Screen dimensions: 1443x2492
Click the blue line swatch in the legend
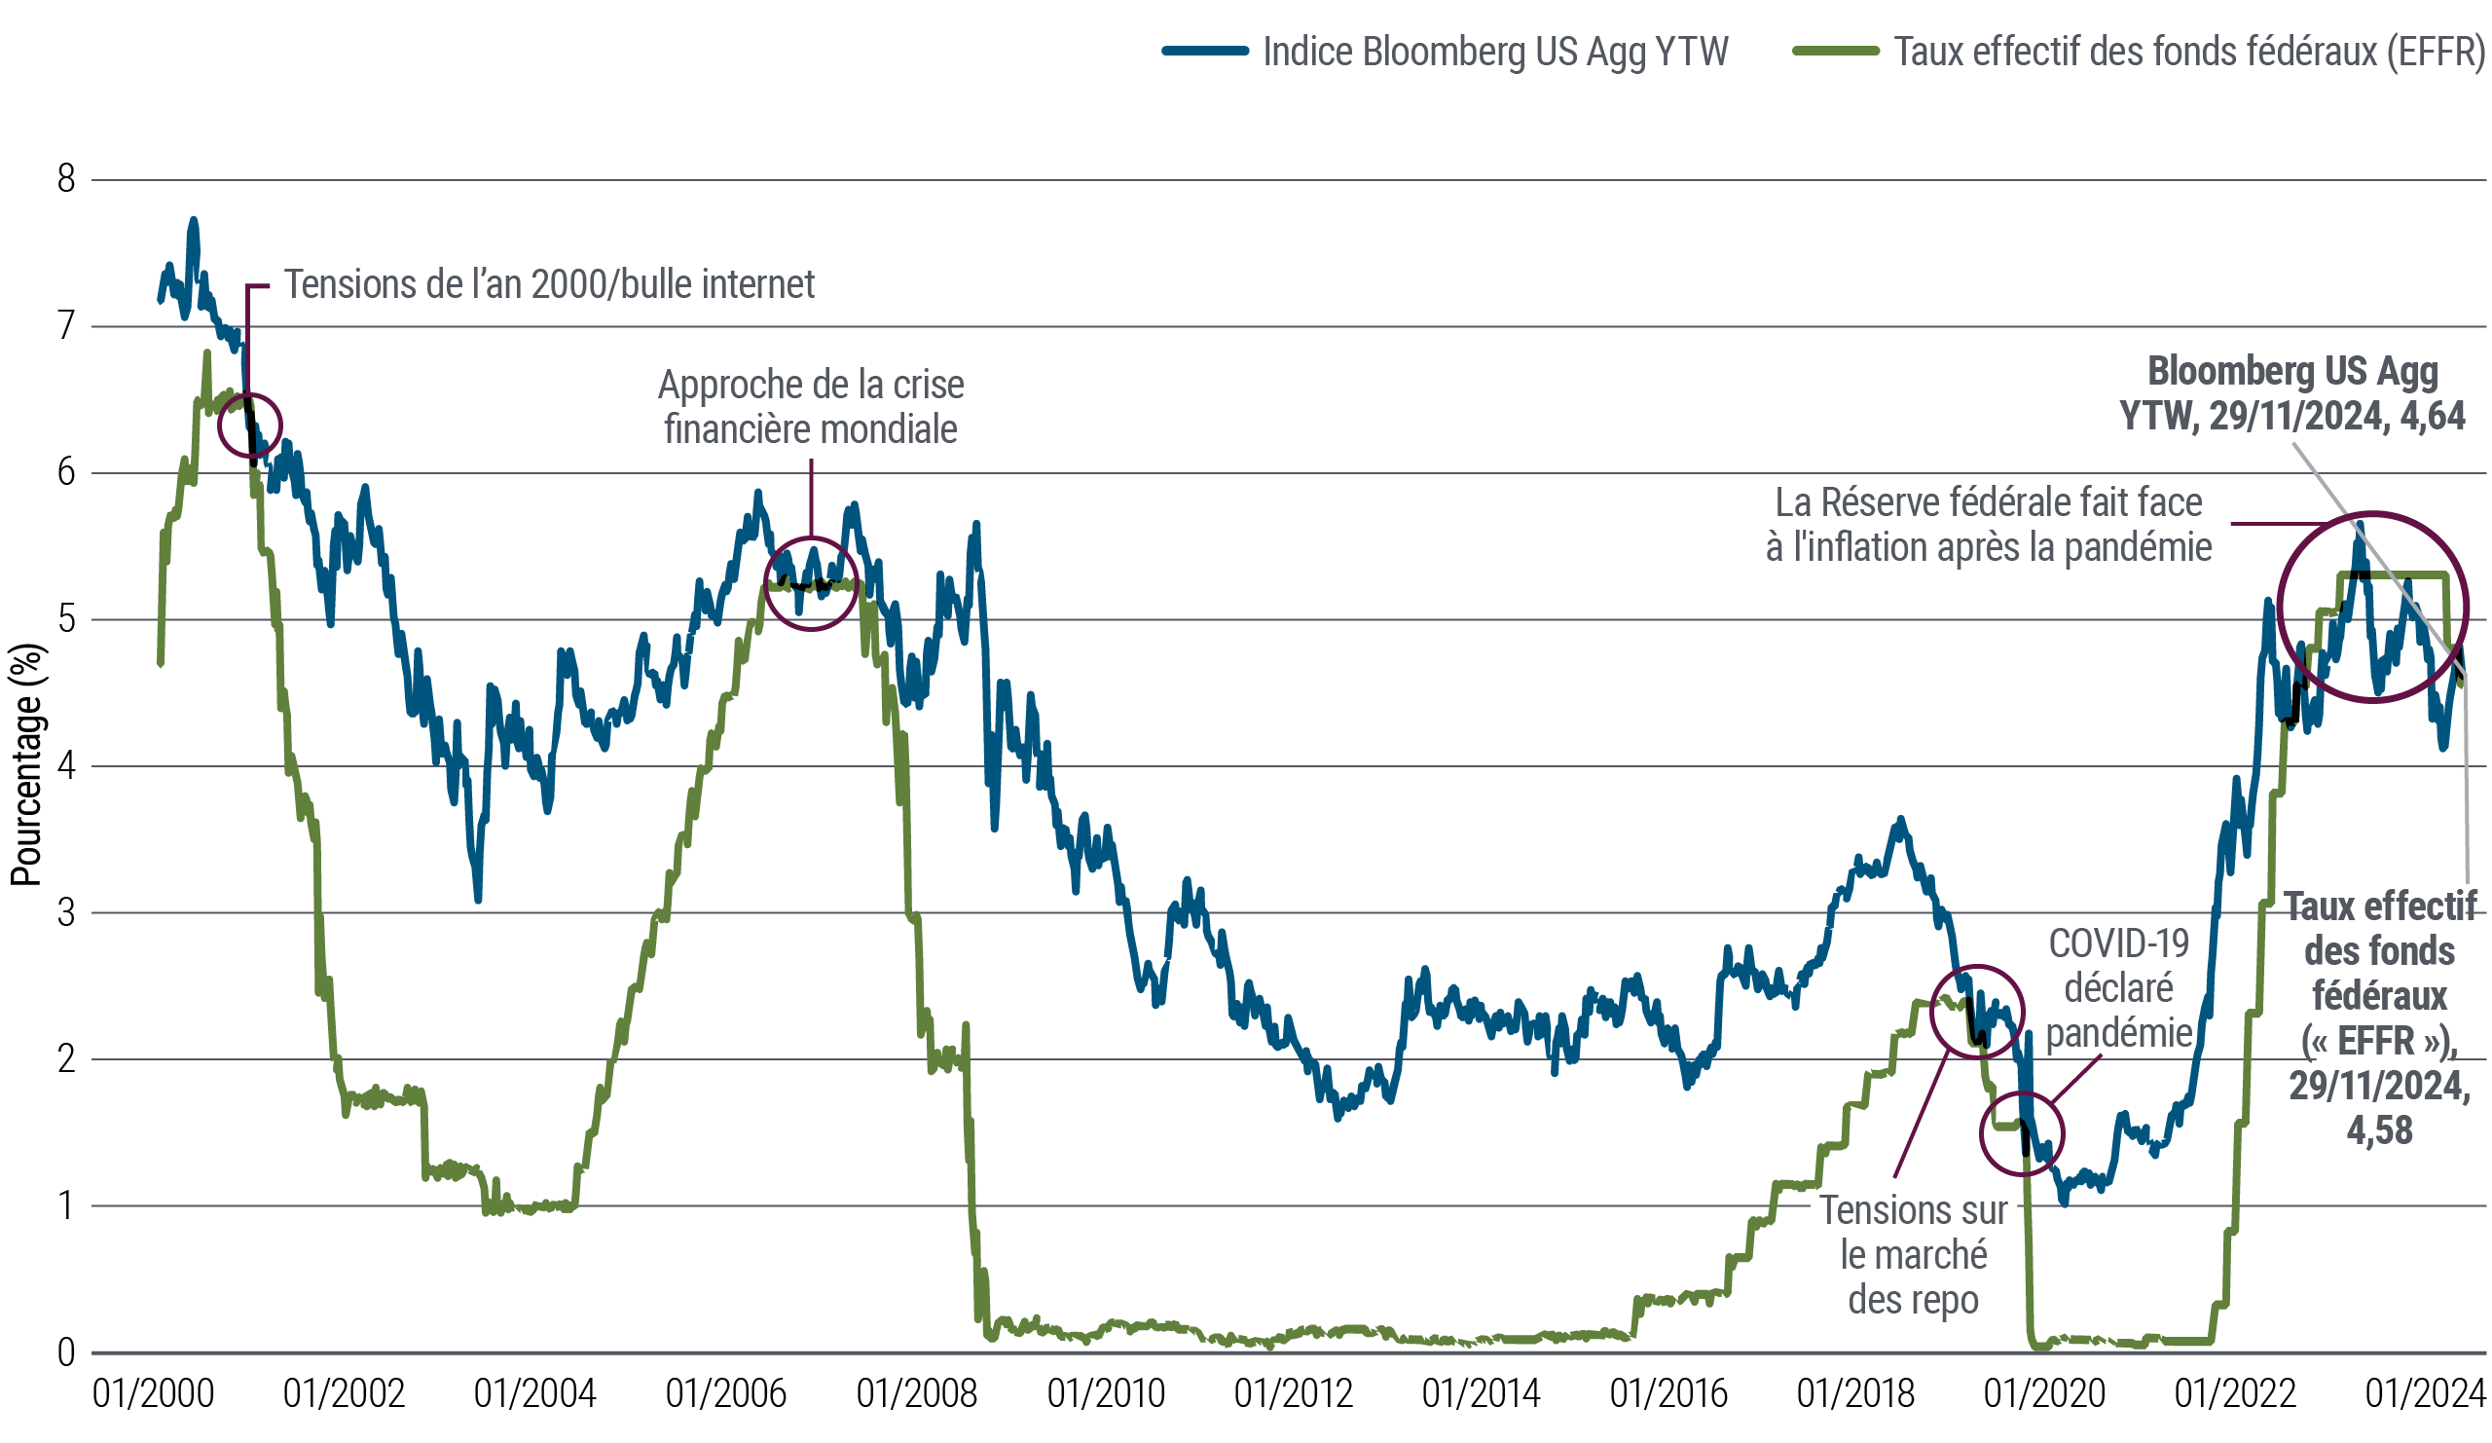tap(1212, 51)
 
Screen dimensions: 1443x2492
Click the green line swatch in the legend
tap(1847, 51)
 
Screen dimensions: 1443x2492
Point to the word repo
tap(1947, 1300)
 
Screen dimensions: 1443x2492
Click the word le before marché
tap(1851, 1256)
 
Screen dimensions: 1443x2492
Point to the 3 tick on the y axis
tap(69, 911)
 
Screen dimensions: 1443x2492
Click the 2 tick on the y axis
tap(69, 1058)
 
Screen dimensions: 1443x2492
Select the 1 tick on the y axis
tap(69, 1204)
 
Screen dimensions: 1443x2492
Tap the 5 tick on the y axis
tap(69, 617)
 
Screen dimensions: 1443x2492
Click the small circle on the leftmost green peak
tap(247, 426)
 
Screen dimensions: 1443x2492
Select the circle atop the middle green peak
tap(810, 583)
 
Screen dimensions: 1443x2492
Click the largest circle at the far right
tap(2369, 608)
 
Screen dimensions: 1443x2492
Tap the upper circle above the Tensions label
tap(1974, 1011)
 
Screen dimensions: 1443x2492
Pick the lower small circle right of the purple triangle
tap(2024, 1133)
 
